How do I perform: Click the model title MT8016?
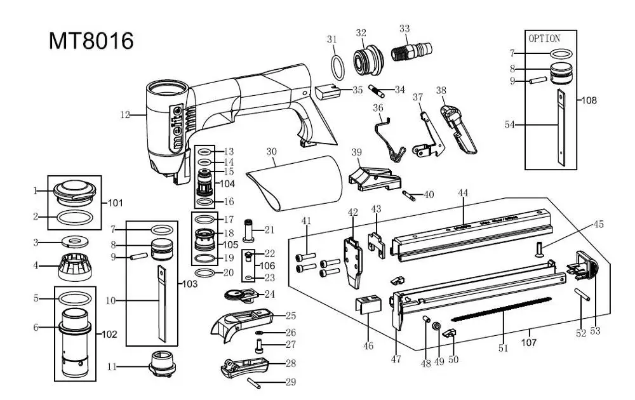[91, 41]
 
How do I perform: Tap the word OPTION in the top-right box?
[544, 38]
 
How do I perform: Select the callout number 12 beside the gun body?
[124, 115]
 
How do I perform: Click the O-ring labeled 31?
[339, 63]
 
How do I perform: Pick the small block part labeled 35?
[328, 91]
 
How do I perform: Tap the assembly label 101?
[115, 203]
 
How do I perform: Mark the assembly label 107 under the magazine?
[528, 342]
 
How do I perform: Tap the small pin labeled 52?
[584, 297]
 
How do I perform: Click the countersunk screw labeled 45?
[541, 248]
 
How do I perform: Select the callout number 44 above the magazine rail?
[464, 192]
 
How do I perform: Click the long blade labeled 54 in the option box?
[561, 125]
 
